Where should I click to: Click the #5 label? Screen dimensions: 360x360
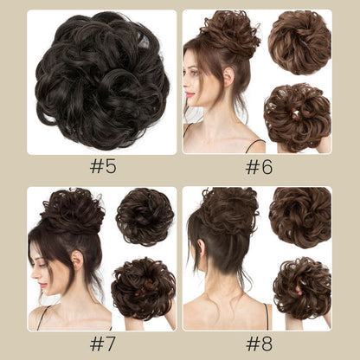103,166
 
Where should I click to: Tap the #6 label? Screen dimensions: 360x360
259,167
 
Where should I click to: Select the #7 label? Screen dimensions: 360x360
103,344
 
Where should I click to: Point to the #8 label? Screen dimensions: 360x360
259,344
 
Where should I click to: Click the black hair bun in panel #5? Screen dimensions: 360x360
101,80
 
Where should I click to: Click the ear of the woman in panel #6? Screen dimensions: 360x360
228,77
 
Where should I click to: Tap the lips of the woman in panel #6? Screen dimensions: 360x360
190,94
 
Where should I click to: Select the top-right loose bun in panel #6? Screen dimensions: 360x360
299,42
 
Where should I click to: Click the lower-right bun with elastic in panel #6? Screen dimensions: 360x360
297,117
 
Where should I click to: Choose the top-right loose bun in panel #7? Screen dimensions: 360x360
145,217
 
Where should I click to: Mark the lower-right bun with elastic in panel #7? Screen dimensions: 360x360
144,288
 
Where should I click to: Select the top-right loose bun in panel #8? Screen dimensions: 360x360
300,218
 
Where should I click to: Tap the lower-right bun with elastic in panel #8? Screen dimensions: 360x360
302,288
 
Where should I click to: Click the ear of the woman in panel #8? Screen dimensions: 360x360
201,248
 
